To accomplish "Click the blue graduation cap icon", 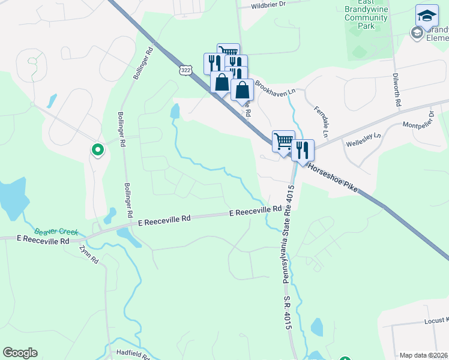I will (x=427, y=16).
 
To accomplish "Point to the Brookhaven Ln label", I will (x=276, y=86).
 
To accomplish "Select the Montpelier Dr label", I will (x=409, y=125).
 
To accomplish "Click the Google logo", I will (x=20, y=353).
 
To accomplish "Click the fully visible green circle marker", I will (x=96, y=149).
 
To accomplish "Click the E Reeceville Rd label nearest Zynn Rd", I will (x=43, y=239).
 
